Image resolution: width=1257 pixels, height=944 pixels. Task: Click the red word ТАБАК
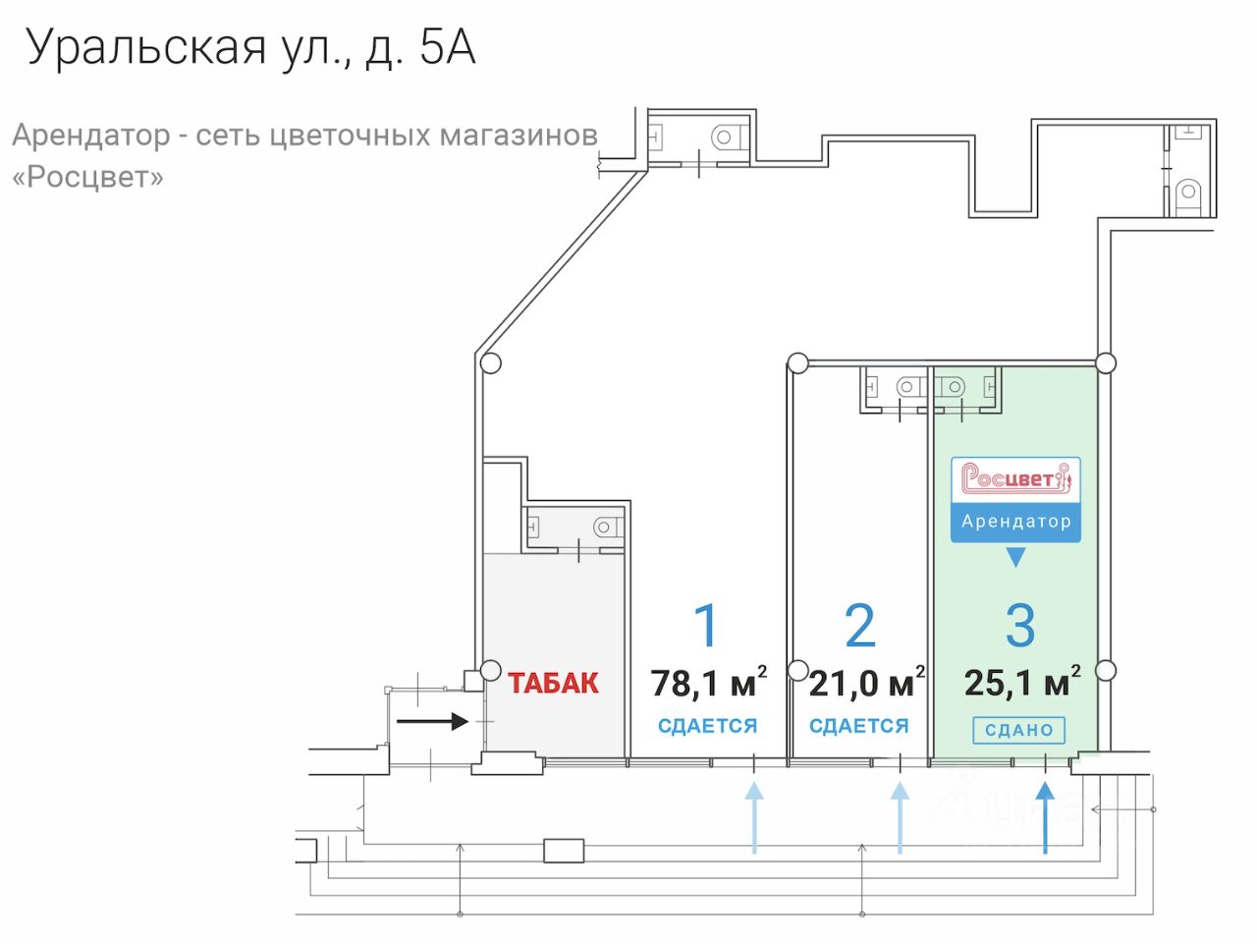click(x=553, y=683)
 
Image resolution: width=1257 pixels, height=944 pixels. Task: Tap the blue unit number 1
click(x=706, y=626)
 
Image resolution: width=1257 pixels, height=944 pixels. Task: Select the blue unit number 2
click(x=859, y=626)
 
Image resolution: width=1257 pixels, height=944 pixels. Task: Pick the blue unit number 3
click(x=1020, y=626)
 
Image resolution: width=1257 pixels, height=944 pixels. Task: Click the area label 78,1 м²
click(x=708, y=683)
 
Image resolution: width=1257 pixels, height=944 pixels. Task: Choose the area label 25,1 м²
click(x=1021, y=682)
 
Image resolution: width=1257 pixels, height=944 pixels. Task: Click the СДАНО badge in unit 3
click(x=1018, y=731)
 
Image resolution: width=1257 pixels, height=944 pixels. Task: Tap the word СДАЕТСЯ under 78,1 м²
click(x=707, y=726)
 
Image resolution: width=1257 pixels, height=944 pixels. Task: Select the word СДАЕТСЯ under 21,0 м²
click(x=859, y=726)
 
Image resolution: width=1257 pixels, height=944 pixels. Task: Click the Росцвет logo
click(x=1015, y=478)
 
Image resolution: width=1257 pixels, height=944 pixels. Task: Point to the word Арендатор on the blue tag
click(x=1015, y=522)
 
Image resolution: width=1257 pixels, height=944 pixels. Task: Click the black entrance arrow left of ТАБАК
click(x=432, y=722)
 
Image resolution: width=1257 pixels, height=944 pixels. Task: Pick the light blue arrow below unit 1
click(x=754, y=817)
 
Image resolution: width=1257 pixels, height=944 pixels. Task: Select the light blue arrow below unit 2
click(x=900, y=817)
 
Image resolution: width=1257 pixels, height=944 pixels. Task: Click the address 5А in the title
click(x=448, y=47)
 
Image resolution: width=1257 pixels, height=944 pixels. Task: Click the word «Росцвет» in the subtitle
click(x=87, y=177)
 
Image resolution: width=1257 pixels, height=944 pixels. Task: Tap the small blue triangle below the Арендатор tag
click(x=1015, y=558)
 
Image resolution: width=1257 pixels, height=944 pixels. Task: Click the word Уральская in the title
click(x=146, y=47)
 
